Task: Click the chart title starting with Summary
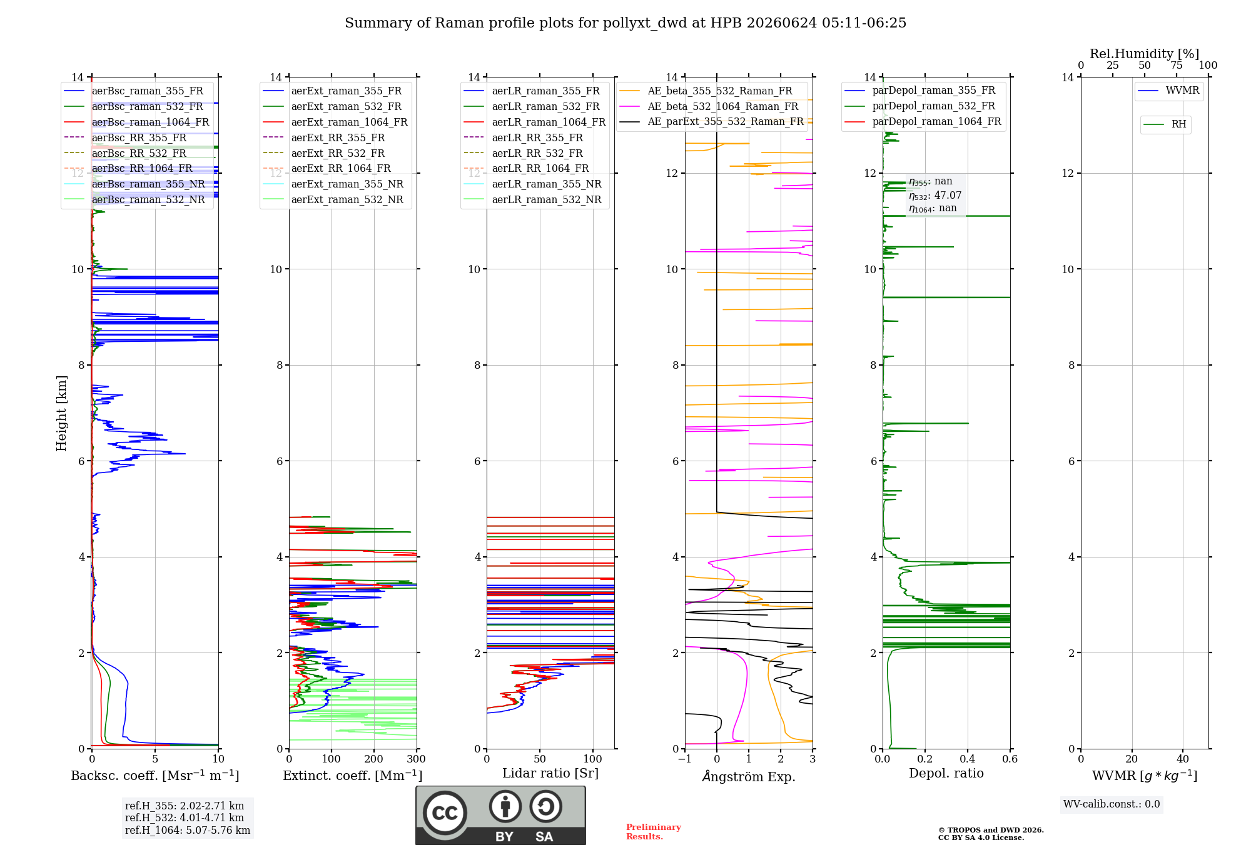click(625, 23)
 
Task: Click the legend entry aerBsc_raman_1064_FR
click(137, 122)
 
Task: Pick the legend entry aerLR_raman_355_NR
click(533, 184)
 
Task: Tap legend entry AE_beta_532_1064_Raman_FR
click(709, 106)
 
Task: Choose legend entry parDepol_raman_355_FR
click(920, 90)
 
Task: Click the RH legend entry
click(1165, 124)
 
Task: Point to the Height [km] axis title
click(61, 413)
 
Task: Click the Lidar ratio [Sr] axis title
click(550, 773)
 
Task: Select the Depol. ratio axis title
click(946, 773)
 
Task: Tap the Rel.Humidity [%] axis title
click(1145, 54)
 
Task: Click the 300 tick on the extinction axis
click(417, 759)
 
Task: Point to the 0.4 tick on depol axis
click(968, 759)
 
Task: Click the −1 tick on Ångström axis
click(685, 759)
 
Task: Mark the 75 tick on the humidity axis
click(1177, 66)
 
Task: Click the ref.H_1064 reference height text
click(188, 830)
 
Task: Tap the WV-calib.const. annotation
click(1112, 804)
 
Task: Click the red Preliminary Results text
click(654, 832)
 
